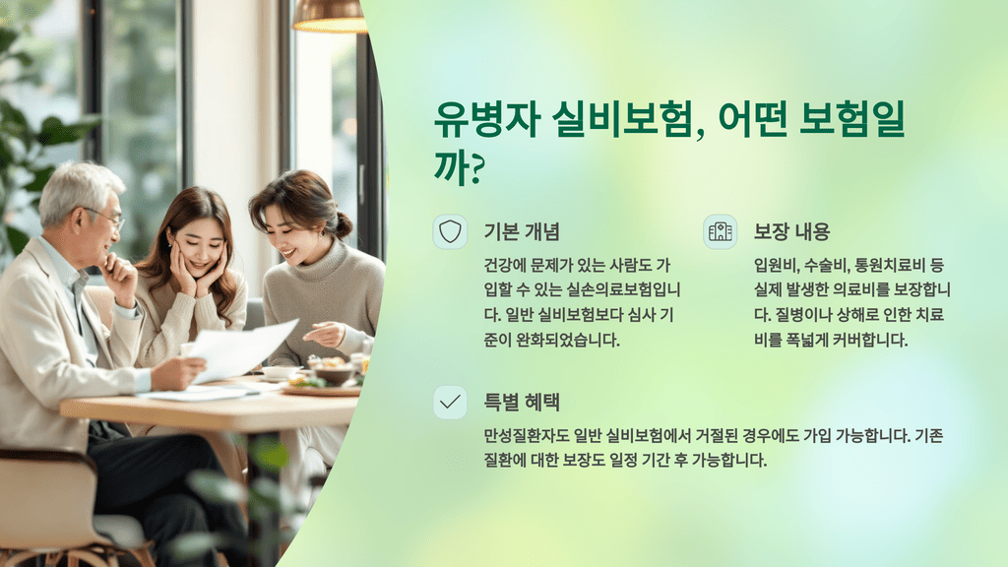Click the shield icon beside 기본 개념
[450, 232]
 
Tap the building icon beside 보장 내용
[721, 232]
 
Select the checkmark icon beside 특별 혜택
[450, 402]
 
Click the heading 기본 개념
[522, 232]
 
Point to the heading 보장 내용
[791, 232]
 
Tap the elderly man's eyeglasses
[106, 219]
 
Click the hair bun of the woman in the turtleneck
[343, 224]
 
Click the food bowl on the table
[329, 371]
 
